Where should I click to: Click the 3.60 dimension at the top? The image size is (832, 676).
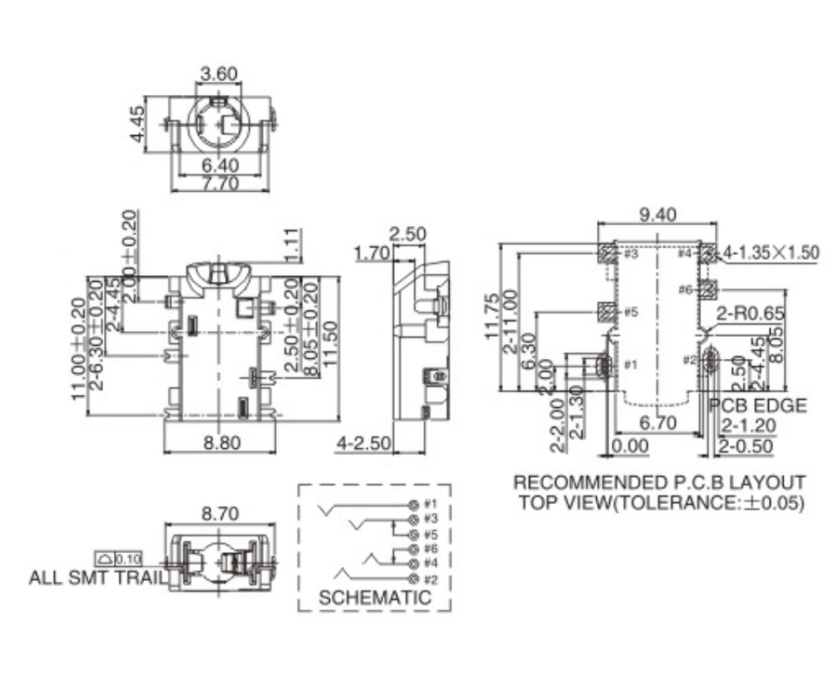[x=219, y=74]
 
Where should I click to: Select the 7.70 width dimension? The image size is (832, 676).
[x=219, y=184]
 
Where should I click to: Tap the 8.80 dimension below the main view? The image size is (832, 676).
[x=220, y=442]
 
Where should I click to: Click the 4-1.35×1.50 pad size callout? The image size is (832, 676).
[x=771, y=252]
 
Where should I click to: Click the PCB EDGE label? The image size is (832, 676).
[x=757, y=405]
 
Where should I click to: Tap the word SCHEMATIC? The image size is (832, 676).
[x=374, y=597]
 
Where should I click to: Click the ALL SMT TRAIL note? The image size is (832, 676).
[x=95, y=577]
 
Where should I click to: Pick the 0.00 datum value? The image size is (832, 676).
[x=631, y=446]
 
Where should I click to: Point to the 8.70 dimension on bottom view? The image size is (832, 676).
[x=219, y=514]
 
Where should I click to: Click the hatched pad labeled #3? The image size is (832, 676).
[x=607, y=253]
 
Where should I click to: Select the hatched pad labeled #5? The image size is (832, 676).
[x=607, y=311]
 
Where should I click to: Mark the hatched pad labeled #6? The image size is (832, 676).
[x=708, y=289]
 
